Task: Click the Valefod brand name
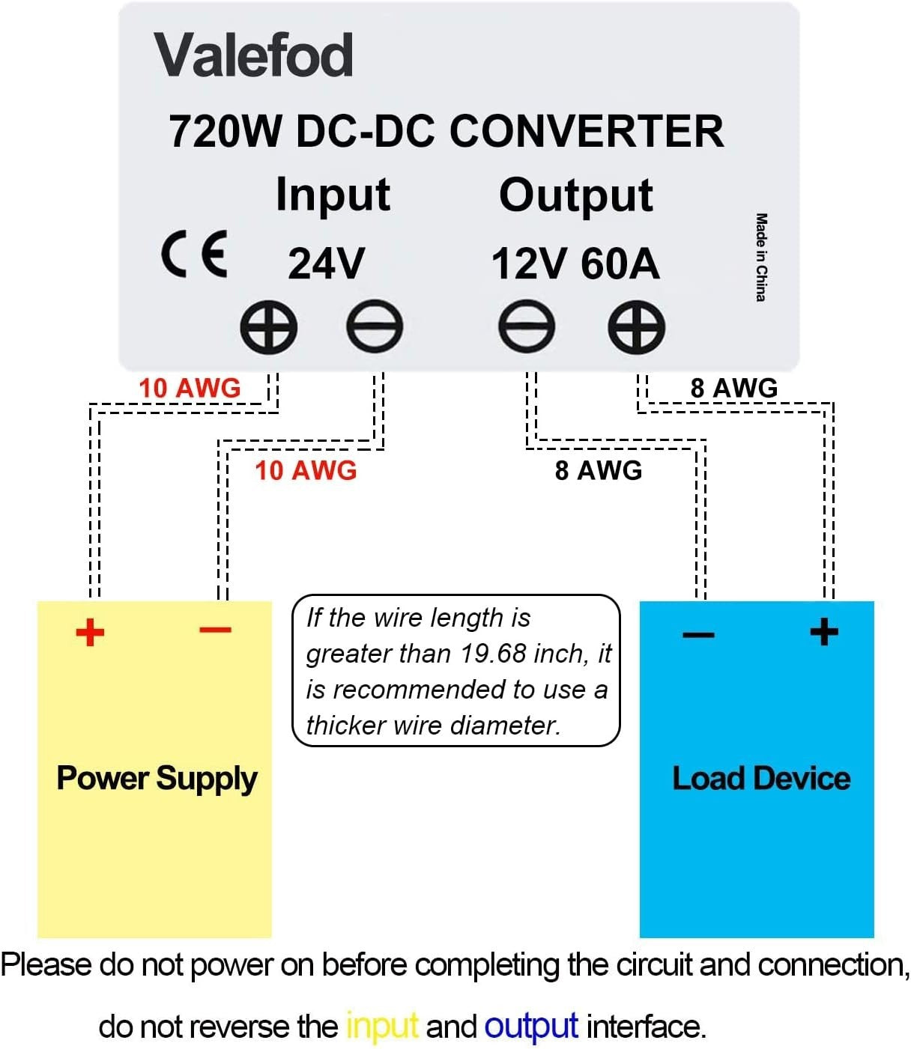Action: [253, 56]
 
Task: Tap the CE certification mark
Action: [194, 255]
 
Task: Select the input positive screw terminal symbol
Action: [268, 328]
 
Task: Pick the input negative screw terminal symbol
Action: [375, 328]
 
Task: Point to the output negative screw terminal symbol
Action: [527, 328]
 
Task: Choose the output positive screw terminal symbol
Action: [636, 328]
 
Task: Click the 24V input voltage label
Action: [326, 264]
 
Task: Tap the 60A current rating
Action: [620, 264]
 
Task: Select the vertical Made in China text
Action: [761, 258]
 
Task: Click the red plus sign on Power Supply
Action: [90, 633]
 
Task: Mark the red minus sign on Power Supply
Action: [216, 630]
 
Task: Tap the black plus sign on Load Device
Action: [824, 631]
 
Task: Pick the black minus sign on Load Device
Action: [698, 636]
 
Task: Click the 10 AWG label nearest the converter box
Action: [190, 388]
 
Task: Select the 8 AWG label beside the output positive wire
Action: [733, 388]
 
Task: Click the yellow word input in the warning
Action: [381, 1025]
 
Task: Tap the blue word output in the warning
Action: [531, 1025]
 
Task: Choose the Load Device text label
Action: [761, 779]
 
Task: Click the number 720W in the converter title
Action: [226, 132]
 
